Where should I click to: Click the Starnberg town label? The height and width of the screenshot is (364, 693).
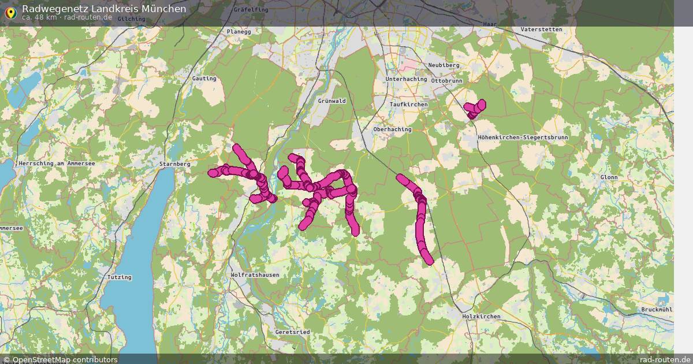tap(174, 164)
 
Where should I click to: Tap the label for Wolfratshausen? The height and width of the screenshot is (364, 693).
tap(254, 275)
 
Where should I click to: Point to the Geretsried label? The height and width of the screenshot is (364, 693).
tap(292, 332)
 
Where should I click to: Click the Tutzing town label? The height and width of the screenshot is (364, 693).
tap(120, 277)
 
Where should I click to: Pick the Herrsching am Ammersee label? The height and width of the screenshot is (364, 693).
tap(57, 164)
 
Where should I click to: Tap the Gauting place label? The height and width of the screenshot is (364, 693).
tap(204, 79)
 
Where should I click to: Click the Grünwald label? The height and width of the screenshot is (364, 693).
tap(331, 101)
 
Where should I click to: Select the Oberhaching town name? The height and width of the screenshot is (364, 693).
tap(392, 129)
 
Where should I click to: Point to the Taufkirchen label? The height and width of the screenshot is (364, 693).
tap(408, 104)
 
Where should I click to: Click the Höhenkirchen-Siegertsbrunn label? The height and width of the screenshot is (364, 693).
tap(523, 138)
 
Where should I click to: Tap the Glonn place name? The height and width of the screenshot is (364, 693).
tap(609, 177)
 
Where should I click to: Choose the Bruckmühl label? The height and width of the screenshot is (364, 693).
tap(657, 310)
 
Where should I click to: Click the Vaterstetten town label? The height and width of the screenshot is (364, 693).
tap(541, 29)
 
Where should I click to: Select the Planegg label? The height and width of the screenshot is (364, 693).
tap(239, 32)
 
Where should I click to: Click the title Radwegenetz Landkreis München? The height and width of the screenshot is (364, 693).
tap(104, 9)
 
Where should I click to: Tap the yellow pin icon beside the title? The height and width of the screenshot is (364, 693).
tap(10, 11)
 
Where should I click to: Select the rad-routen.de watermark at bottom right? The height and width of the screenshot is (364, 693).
tap(665, 359)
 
